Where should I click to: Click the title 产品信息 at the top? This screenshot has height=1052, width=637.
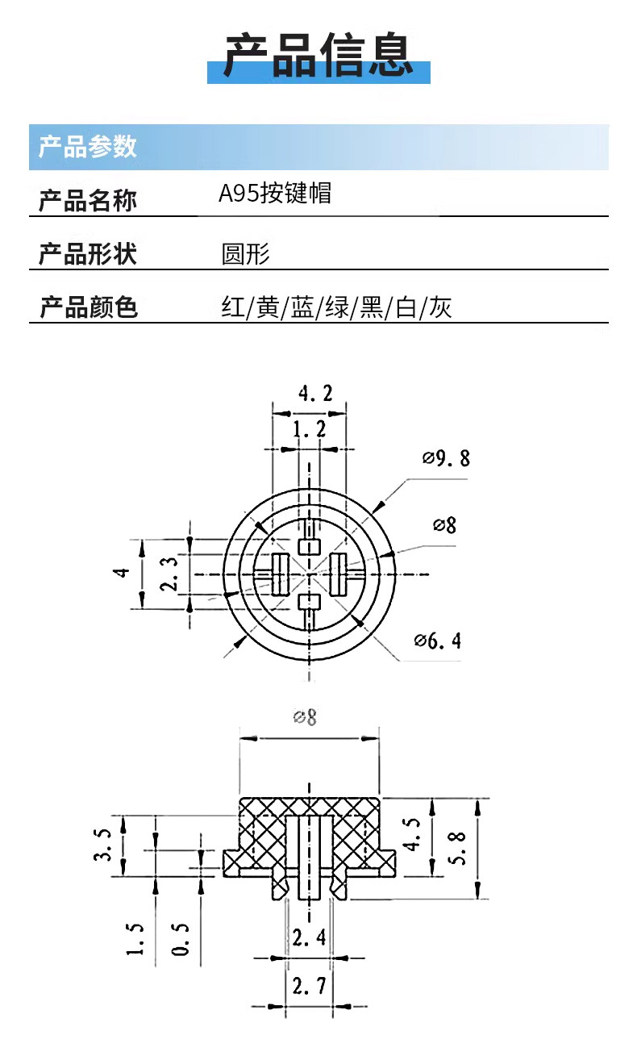(x=318, y=55)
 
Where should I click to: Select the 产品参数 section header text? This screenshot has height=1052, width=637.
(x=87, y=146)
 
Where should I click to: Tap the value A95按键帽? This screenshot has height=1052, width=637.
(x=275, y=193)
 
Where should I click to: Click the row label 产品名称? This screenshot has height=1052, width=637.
(x=88, y=201)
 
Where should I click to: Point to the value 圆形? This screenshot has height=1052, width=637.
(x=245, y=254)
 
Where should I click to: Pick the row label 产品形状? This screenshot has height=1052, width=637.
(x=88, y=254)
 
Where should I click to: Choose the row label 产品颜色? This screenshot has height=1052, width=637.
(x=88, y=307)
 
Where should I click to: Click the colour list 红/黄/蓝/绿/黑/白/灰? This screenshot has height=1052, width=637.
(x=336, y=307)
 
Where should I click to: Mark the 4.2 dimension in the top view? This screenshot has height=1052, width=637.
(x=315, y=394)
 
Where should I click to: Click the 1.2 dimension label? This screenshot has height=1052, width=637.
(x=309, y=429)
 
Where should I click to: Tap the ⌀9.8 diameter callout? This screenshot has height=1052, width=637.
(x=446, y=458)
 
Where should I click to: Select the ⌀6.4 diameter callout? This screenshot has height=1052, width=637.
(x=438, y=641)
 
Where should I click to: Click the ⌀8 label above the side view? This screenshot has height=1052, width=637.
(x=305, y=717)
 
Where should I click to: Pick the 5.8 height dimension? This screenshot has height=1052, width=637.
(x=457, y=848)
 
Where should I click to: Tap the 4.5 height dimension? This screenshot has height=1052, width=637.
(x=412, y=834)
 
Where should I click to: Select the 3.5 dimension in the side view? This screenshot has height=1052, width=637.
(x=102, y=845)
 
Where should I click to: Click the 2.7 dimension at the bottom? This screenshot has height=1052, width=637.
(x=309, y=986)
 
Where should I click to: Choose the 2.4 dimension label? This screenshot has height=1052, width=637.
(x=309, y=938)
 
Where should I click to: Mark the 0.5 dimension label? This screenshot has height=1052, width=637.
(x=181, y=940)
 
